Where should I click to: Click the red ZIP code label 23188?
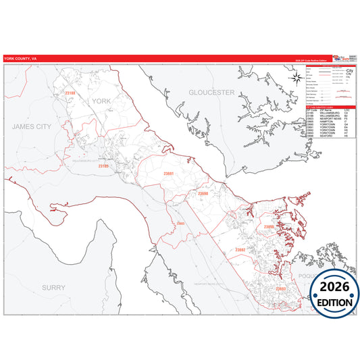(x=70, y=93)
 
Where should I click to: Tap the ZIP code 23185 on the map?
(x=103, y=165)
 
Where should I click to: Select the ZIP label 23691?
(x=168, y=174)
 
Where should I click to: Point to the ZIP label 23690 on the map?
(x=203, y=194)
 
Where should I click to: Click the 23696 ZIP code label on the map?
(x=269, y=227)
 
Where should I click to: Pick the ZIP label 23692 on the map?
(x=240, y=250)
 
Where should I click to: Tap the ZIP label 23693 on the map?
(x=280, y=289)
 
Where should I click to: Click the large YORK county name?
(x=100, y=101)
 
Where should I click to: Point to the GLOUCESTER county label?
(x=211, y=91)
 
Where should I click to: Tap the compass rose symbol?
(x=297, y=78)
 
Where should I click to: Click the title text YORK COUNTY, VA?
(x=20, y=58)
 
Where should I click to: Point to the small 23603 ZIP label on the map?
(x=180, y=223)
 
